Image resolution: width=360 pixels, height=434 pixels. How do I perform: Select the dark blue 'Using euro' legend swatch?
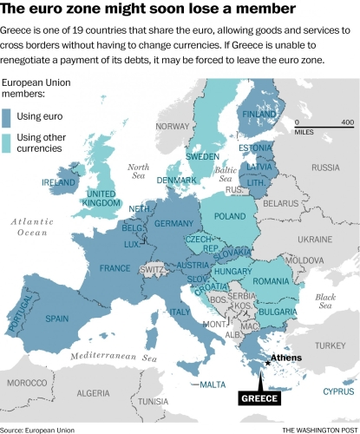coord(12,116)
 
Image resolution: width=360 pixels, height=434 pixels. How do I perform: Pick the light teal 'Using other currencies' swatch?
coord(12,143)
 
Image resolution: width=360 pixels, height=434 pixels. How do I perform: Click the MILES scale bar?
coord(322,128)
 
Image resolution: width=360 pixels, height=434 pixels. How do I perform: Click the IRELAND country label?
coord(59,183)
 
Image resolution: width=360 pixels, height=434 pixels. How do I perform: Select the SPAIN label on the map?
coord(57,319)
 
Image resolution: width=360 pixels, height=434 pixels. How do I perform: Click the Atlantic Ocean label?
coord(29,227)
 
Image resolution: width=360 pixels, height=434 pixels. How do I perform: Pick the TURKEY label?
coord(330,345)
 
